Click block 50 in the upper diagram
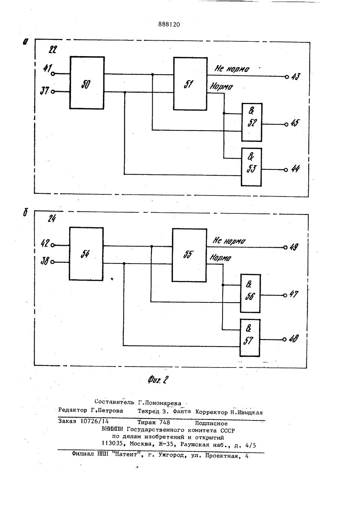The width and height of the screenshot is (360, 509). (x=87, y=83)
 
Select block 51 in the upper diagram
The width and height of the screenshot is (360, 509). (x=190, y=84)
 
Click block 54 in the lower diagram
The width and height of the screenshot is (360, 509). (x=86, y=254)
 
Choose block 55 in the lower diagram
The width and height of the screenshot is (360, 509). (x=189, y=254)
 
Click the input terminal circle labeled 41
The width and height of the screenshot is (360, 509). (x=53, y=74)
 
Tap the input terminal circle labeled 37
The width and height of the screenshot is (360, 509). (x=53, y=92)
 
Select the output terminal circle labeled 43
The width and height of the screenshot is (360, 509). (x=287, y=77)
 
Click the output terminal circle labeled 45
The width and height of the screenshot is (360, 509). (x=286, y=125)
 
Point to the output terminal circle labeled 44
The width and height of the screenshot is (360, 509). (x=286, y=170)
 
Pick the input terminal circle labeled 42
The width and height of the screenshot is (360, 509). (x=53, y=245)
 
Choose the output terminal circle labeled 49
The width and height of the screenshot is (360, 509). (x=285, y=247)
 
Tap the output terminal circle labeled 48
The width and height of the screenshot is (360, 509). (x=284, y=339)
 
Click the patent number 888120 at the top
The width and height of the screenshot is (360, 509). (x=169, y=24)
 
